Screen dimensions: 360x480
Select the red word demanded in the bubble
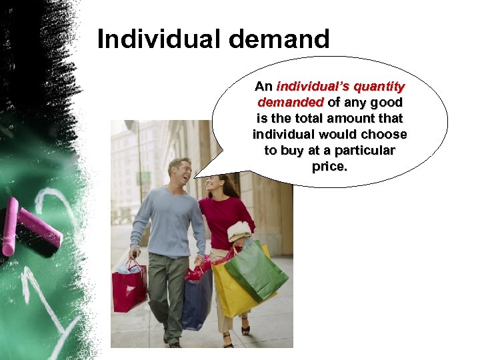click(x=290, y=103)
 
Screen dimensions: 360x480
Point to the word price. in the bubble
click(x=329, y=166)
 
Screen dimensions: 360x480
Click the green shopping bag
click(x=256, y=271)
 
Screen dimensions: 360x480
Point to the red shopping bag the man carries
click(x=129, y=287)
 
